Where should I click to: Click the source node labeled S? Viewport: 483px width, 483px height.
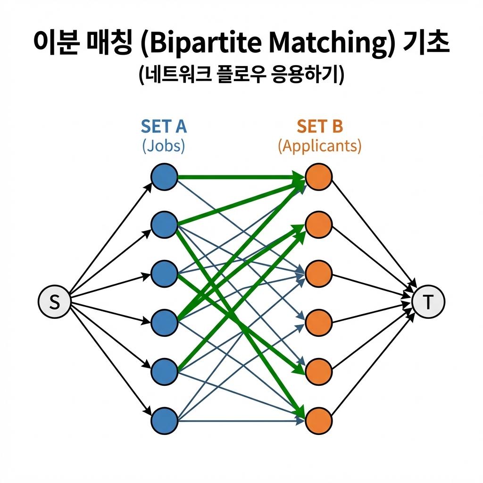(54, 302)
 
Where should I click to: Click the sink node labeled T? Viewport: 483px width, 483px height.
(428, 302)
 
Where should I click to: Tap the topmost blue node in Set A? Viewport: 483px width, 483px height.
(164, 177)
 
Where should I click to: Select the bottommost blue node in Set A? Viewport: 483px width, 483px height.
(164, 419)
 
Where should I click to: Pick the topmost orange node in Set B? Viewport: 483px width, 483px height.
(319, 177)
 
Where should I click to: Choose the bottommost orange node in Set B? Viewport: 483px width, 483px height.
(319, 419)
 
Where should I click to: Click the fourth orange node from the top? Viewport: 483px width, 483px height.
(319, 323)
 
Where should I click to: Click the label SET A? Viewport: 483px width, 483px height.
(164, 126)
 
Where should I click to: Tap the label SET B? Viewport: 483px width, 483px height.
(320, 126)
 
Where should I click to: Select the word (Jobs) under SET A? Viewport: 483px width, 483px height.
(164, 146)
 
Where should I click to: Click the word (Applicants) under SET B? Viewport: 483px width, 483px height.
(320, 146)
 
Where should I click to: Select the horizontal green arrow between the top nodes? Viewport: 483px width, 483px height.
(241, 177)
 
